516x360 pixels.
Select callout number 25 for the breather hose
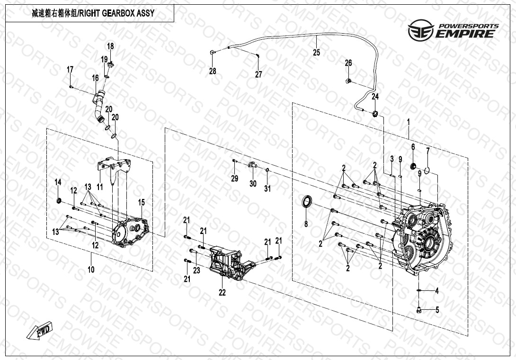coord(316,53)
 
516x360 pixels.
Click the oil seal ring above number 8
coord(308,201)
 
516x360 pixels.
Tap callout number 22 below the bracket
coord(222,292)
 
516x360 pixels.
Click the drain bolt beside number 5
coord(419,310)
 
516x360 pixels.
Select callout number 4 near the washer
coord(437,291)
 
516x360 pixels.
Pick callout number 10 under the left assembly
coord(91,270)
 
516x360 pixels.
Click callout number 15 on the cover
coord(141,203)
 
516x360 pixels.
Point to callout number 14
coord(58,182)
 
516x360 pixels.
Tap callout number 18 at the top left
coord(110,46)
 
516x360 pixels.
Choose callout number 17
coord(70,70)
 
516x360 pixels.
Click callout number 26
coord(348,63)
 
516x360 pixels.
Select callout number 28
coord(213,71)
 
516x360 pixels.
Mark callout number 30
coord(253,183)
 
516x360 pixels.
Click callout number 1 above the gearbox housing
coord(408,122)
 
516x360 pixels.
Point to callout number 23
coord(196,270)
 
